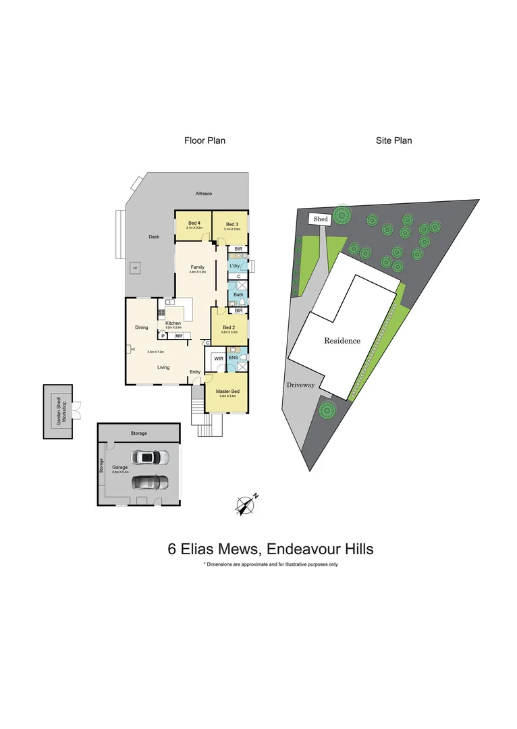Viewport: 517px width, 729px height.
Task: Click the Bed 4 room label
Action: [x=194, y=224]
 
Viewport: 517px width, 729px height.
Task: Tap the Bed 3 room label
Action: [x=232, y=224]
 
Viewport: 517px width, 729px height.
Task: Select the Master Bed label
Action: [x=227, y=391]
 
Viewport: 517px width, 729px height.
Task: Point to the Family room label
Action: [x=197, y=267]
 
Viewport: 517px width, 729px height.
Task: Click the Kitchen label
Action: [x=173, y=323]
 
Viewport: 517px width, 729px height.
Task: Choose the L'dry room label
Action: [x=235, y=266]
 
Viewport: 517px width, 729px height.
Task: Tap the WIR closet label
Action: [x=219, y=358]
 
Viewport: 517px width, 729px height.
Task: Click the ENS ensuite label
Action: [x=233, y=358]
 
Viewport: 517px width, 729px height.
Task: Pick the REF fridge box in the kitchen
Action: [x=179, y=335]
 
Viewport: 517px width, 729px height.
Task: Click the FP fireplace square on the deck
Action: [x=135, y=269]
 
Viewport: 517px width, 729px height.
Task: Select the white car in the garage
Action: [x=152, y=458]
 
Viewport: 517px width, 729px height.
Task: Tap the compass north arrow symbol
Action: [x=246, y=503]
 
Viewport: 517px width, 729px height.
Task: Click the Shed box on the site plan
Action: [x=320, y=219]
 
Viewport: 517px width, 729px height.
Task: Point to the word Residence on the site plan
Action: [x=342, y=341]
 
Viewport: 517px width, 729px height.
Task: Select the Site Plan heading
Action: [x=394, y=141]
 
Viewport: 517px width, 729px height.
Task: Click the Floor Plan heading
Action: [x=205, y=141]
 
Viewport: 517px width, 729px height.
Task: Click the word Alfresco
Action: [x=204, y=194]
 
